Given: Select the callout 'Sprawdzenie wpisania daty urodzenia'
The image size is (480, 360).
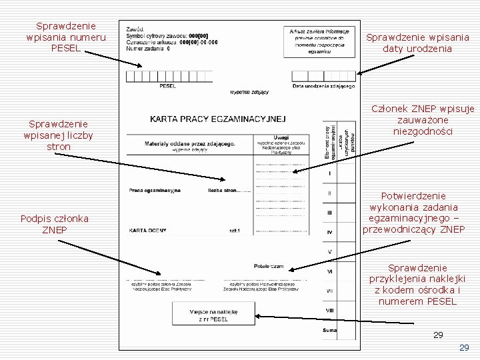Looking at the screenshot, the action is click(417, 43).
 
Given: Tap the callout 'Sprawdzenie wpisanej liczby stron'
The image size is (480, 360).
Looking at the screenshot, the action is click(59, 135).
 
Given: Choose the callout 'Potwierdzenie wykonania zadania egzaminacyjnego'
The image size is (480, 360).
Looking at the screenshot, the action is click(413, 213).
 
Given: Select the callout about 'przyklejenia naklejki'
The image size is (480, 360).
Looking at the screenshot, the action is click(417, 285).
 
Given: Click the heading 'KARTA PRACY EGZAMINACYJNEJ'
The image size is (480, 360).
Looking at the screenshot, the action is click(217, 119).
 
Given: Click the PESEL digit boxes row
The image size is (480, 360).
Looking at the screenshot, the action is click(167, 76).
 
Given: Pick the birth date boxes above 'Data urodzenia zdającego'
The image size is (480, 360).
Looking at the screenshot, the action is click(323, 76).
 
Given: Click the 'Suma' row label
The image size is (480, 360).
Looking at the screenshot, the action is click(329, 330).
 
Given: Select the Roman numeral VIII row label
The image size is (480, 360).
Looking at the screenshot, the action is click(329, 310).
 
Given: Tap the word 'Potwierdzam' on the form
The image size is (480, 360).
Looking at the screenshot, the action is click(268, 266).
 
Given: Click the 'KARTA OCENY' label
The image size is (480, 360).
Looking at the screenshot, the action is click(147, 231).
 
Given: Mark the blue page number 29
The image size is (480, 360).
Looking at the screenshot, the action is click(465, 348).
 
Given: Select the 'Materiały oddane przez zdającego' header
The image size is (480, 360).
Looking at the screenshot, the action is click(190, 143).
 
